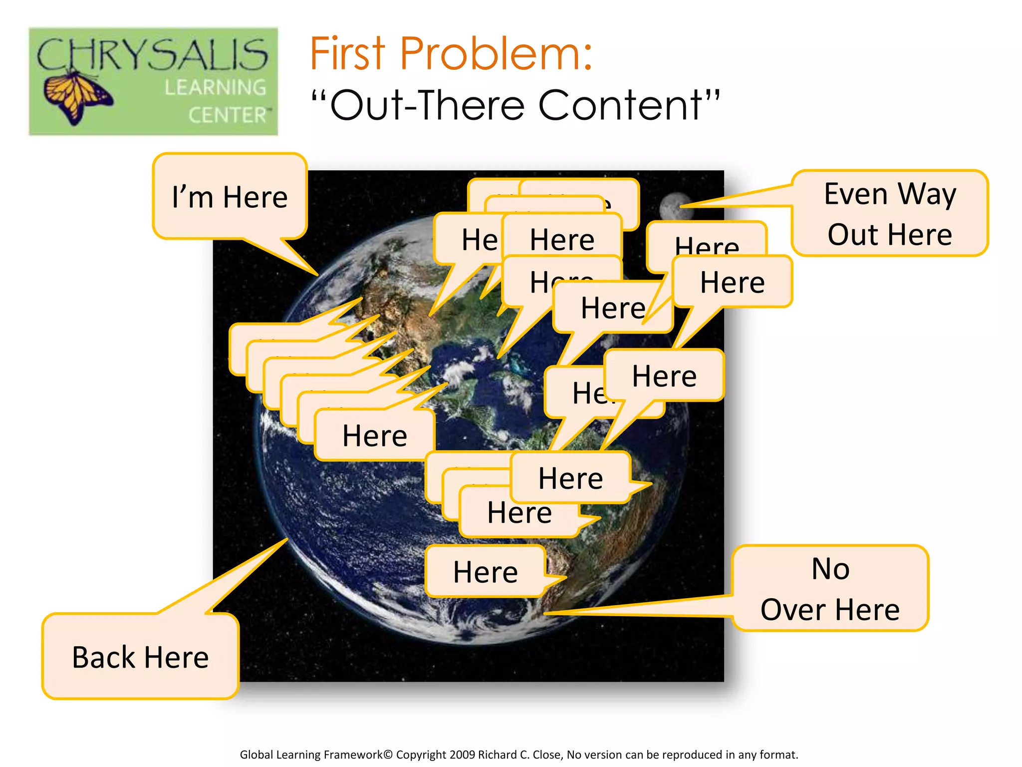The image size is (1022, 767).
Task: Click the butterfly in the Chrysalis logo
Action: click(77, 97)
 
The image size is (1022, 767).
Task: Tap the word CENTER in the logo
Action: click(228, 115)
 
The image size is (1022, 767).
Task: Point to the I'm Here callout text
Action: click(230, 197)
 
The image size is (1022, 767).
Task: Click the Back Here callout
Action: click(140, 657)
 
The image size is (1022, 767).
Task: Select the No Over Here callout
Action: click(830, 589)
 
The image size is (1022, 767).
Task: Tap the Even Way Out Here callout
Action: click(890, 214)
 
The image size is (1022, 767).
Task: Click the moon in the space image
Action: click(674, 206)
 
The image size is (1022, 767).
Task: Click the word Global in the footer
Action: click(256, 755)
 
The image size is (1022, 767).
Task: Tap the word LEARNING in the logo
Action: click(216, 88)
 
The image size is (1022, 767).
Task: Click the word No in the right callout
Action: click(830, 569)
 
